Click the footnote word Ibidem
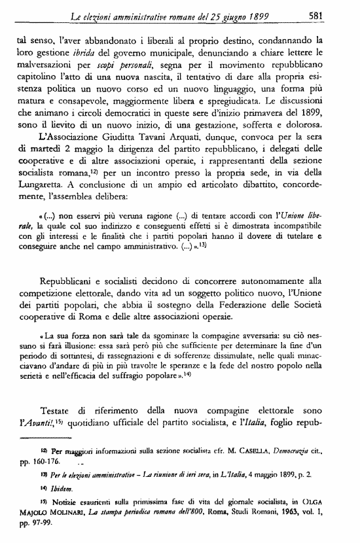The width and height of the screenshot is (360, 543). point(55,487)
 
